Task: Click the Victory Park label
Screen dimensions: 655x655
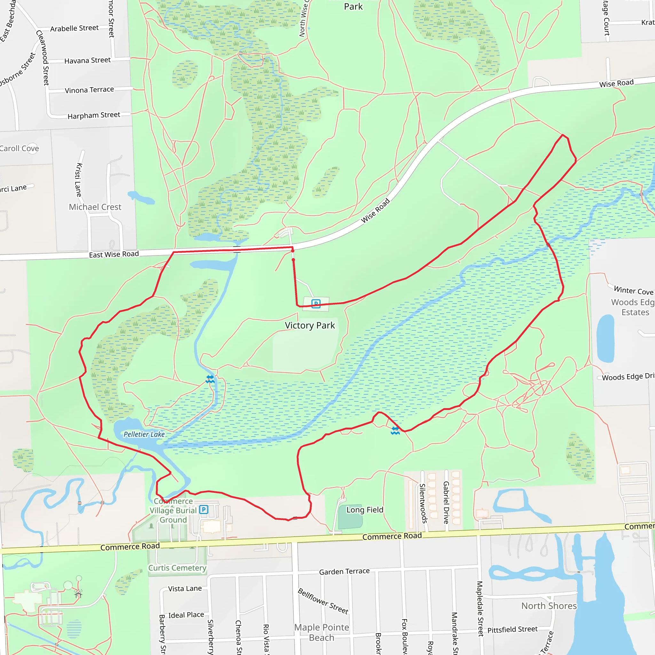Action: point(310,326)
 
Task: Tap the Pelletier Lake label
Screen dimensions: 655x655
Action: point(144,434)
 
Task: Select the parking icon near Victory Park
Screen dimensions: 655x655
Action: point(316,304)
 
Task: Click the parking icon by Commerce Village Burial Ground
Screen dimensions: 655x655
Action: point(203,509)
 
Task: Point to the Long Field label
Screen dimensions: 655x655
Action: point(365,510)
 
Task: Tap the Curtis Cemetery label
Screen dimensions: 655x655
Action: point(177,568)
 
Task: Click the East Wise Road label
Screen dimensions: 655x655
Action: point(114,254)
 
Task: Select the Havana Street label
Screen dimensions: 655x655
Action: point(87,60)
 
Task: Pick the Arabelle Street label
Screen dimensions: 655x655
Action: point(74,28)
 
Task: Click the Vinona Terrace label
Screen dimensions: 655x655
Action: point(89,90)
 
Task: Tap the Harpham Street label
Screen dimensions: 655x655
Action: point(94,115)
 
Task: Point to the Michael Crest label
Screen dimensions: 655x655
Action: point(95,207)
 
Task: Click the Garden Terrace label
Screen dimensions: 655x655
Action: point(344,571)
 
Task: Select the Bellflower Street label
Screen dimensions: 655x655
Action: point(323,601)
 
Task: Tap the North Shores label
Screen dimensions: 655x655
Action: point(548,606)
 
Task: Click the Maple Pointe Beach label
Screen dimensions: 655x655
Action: point(321,632)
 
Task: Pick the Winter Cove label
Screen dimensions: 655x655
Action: point(633,290)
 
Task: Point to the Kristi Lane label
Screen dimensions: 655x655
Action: point(79,180)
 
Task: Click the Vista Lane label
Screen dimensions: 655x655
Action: point(185,588)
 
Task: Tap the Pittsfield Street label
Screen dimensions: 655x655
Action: point(512,629)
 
